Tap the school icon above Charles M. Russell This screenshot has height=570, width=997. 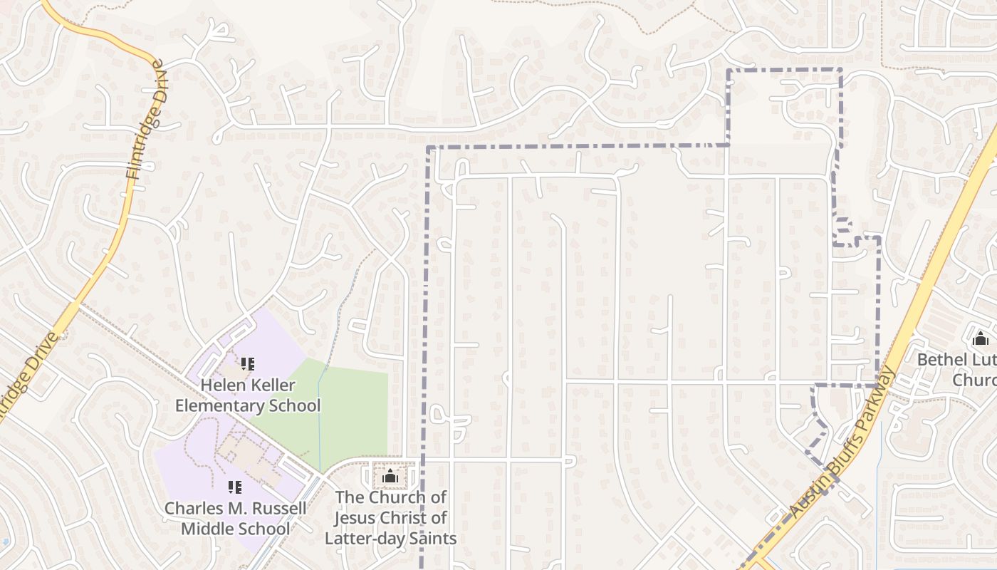click(235, 487)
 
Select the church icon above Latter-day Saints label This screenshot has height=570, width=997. click(390, 476)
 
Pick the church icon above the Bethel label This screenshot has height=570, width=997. click(981, 338)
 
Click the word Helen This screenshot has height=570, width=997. click(219, 385)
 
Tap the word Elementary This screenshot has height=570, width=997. click(219, 406)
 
